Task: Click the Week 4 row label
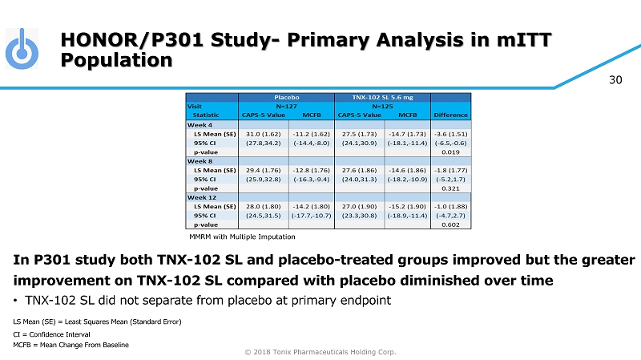click(200, 123)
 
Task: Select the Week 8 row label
click(200, 160)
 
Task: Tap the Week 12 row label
click(202, 196)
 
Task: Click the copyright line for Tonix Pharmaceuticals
click(320, 351)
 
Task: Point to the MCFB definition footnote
click(71, 345)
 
